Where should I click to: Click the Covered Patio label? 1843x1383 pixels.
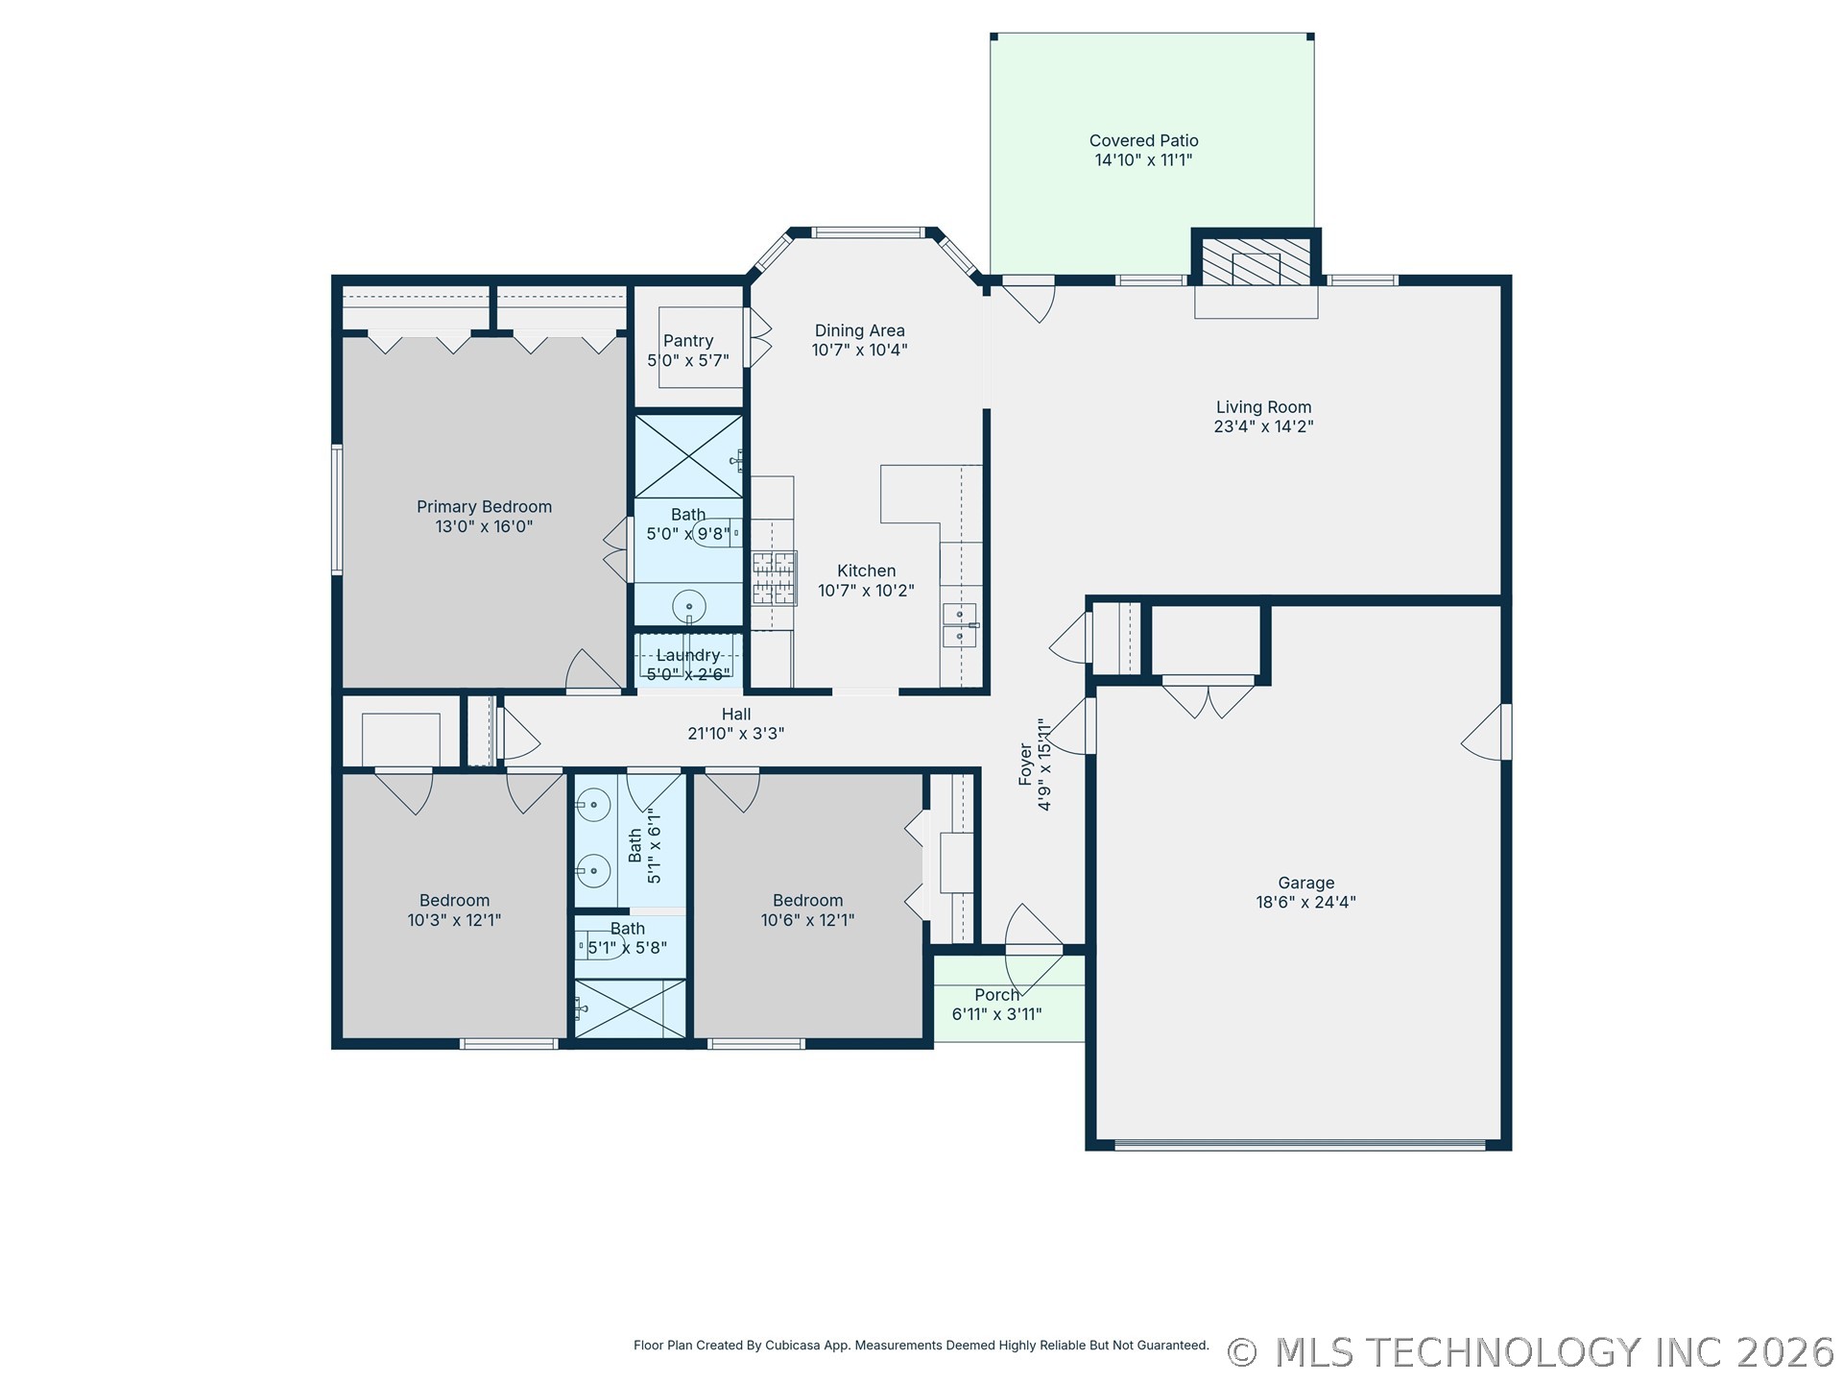click(1143, 140)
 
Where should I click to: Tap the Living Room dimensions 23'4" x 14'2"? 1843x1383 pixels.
click(1263, 426)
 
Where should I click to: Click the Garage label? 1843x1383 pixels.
click(1305, 883)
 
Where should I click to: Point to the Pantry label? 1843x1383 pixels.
click(688, 341)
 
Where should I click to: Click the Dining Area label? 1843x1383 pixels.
click(859, 330)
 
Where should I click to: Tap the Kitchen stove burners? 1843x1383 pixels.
click(774, 577)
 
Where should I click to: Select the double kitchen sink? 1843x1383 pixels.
click(960, 625)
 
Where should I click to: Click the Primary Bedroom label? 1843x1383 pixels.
click(484, 506)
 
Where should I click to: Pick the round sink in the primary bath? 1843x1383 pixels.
click(689, 607)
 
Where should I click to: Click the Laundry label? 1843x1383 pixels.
click(688, 655)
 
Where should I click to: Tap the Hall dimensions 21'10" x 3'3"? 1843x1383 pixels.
click(736, 734)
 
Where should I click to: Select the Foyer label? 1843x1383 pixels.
click(1025, 764)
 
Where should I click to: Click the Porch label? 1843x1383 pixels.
click(996, 995)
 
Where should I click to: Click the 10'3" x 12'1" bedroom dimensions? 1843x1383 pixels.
click(454, 920)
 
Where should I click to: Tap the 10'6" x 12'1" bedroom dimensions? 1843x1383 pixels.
click(807, 920)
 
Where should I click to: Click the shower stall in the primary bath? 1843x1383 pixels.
click(688, 456)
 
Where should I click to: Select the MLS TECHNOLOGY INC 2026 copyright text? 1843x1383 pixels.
click(1531, 1352)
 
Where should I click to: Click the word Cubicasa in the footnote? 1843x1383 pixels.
click(791, 1346)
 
